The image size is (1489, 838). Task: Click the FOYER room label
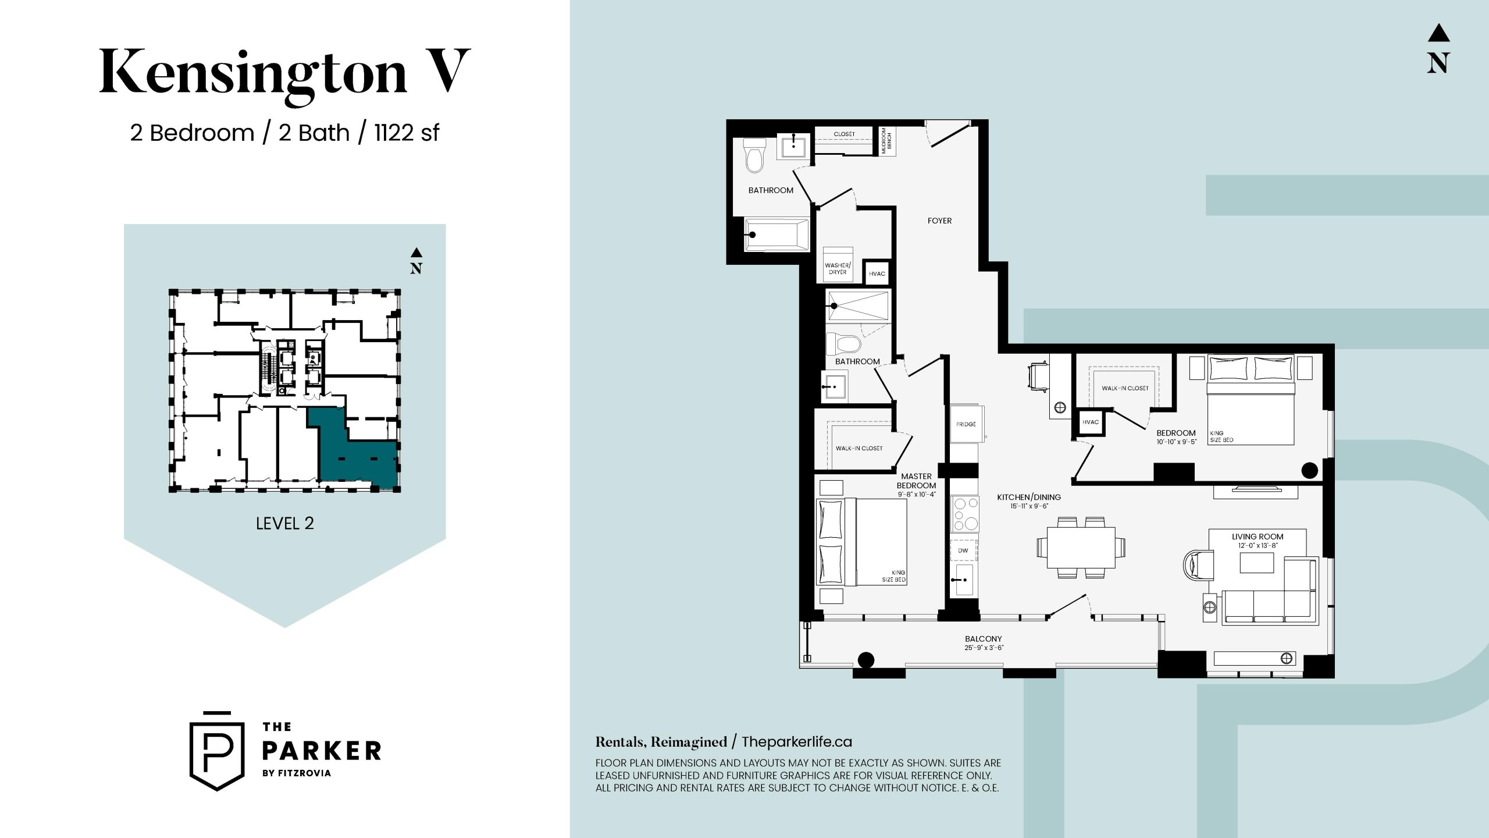tap(939, 221)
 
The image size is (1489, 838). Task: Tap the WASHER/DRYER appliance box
tap(838, 265)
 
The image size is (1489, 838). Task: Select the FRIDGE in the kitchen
tap(966, 424)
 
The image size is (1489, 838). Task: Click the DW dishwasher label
tap(963, 551)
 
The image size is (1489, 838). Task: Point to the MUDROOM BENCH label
tap(886, 141)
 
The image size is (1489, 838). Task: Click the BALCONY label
tap(984, 639)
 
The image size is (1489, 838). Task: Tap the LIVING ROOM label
tap(1258, 537)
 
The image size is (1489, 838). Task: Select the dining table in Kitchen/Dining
tap(1081, 548)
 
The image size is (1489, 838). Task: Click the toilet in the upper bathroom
tap(754, 156)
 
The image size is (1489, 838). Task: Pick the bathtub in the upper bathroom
tap(776, 235)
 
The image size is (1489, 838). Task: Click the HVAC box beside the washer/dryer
tap(877, 273)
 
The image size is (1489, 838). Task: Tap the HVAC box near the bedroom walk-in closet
tap(1091, 422)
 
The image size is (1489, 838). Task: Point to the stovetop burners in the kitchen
tap(964, 514)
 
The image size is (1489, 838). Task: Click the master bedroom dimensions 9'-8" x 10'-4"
tap(917, 495)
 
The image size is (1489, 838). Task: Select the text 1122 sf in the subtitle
tap(407, 133)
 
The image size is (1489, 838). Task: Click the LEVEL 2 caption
tap(285, 523)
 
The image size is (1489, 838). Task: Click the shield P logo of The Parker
tap(217, 751)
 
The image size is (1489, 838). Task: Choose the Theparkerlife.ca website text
tap(797, 742)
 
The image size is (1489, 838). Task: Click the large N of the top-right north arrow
tap(1438, 63)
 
